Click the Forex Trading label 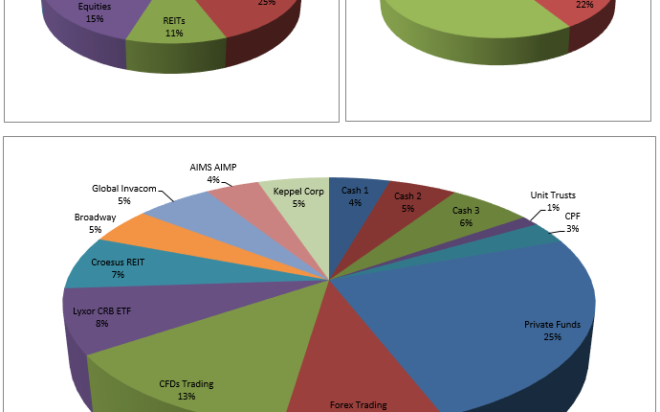tap(358, 404)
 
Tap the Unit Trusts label tap(553, 195)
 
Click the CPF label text tap(572, 217)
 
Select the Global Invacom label tap(123, 189)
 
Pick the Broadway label tap(95, 217)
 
